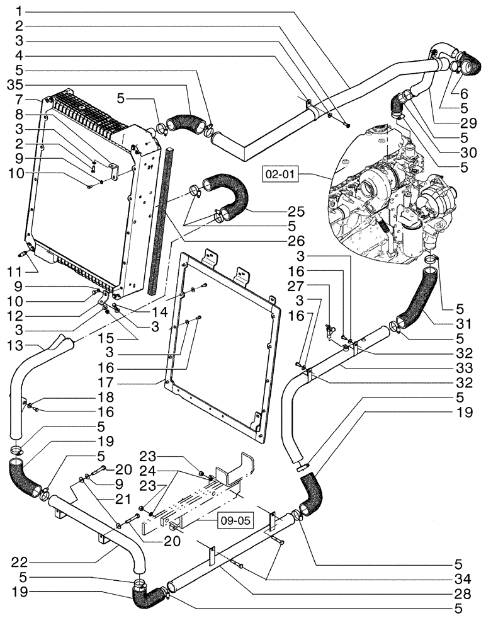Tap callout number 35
pos(13,84)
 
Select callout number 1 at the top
pos(19,11)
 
